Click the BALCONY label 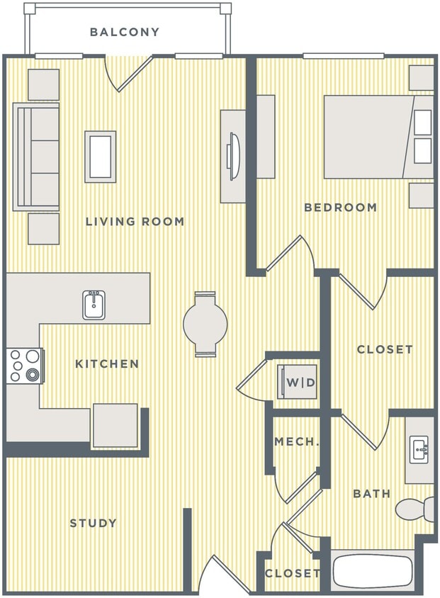[x=125, y=32]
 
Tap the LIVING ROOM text [x=135, y=222]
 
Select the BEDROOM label [x=340, y=208]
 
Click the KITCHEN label [x=107, y=364]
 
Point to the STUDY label [x=93, y=524]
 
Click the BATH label [x=371, y=493]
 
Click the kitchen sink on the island [x=94, y=305]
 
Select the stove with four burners [x=25, y=366]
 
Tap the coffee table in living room [x=100, y=156]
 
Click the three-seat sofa [x=36, y=157]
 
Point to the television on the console [x=233, y=156]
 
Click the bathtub [x=373, y=572]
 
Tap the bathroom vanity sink [x=420, y=449]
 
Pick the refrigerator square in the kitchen [x=115, y=425]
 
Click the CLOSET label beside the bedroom [x=384, y=349]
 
